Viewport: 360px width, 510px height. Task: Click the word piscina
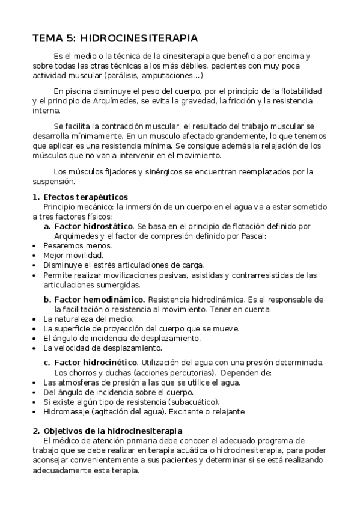(78, 91)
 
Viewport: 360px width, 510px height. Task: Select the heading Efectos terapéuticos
(85, 197)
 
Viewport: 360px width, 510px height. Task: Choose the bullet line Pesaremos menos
(69, 245)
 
